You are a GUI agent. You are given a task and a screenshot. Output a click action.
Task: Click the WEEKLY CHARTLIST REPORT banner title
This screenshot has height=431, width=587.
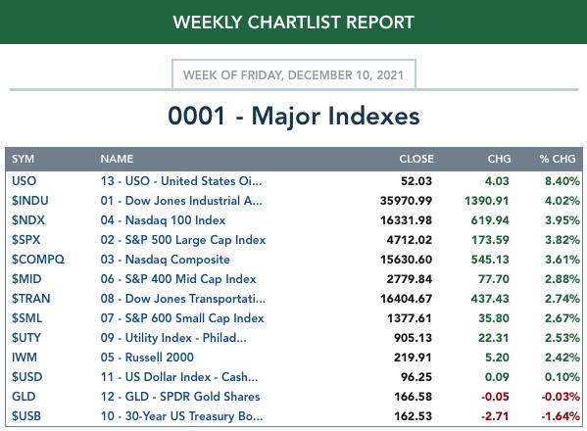[294, 23]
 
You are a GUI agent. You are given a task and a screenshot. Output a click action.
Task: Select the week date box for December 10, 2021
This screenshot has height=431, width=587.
[294, 74]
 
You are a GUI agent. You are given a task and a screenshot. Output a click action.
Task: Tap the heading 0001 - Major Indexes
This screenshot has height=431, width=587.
[294, 116]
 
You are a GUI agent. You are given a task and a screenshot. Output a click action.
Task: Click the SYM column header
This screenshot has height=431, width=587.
[23, 159]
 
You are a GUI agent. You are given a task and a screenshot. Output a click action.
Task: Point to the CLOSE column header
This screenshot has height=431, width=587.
[416, 159]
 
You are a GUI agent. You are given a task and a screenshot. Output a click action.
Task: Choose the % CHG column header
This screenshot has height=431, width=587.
[558, 159]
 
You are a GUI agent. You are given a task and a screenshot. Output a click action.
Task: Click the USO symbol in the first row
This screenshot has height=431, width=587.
[24, 181]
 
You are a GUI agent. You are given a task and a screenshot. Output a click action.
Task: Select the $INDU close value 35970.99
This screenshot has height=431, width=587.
[406, 201]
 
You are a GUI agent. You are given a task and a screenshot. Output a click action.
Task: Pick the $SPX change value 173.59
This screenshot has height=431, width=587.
[490, 240]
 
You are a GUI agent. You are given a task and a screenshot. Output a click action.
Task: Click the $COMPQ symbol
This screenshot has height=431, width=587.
[38, 260]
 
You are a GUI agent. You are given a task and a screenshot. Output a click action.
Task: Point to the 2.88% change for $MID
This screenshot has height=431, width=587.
[563, 279]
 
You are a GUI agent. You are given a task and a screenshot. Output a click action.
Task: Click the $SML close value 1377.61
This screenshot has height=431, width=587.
[410, 318]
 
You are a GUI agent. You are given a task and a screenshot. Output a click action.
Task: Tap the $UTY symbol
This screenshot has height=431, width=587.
[26, 338]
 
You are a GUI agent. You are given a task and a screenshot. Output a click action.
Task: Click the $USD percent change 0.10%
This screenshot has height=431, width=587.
[563, 377]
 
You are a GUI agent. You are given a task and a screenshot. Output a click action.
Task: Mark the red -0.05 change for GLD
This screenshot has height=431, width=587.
[495, 397]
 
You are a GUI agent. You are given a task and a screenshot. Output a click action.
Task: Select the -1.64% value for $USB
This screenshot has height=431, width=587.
[561, 416]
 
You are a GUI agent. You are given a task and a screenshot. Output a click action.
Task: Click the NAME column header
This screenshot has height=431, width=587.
[117, 159]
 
